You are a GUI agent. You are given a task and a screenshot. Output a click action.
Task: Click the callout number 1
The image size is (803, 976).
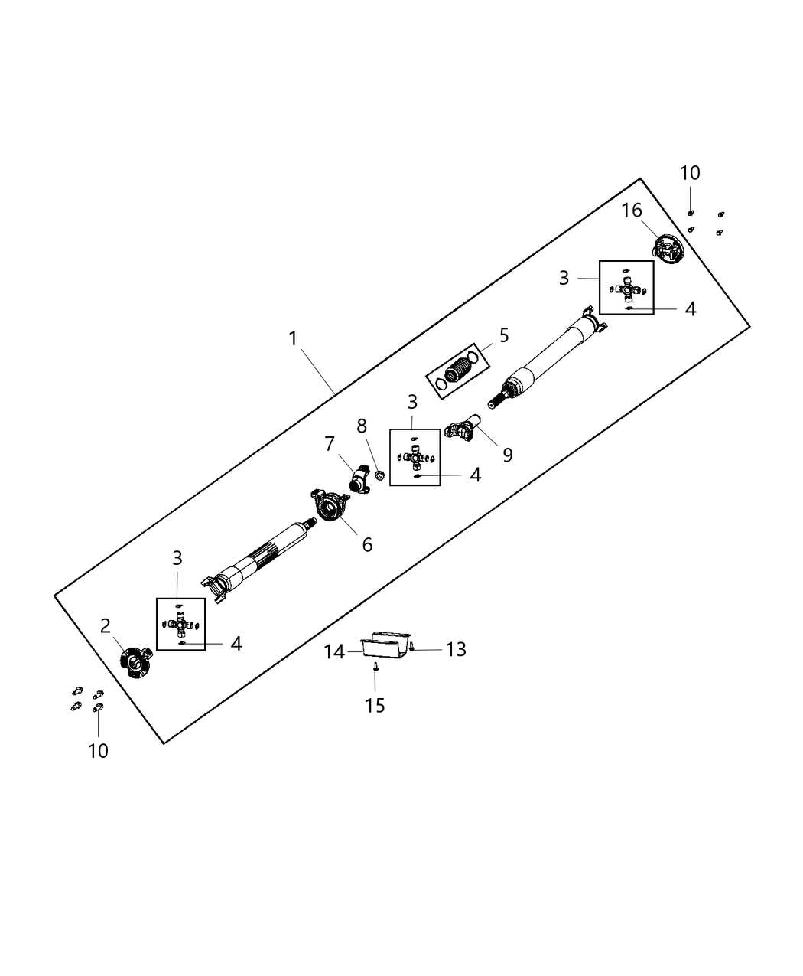coord(292,338)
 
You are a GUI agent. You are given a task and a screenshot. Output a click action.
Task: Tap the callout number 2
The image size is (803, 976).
coord(106,626)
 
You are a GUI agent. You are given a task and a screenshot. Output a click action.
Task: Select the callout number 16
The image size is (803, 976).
coord(632,211)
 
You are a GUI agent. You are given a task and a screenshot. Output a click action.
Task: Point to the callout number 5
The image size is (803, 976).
coord(504,335)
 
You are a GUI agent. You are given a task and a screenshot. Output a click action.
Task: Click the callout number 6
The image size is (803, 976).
coord(367,544)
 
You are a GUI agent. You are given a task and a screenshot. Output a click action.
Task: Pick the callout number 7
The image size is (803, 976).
coord(330,444)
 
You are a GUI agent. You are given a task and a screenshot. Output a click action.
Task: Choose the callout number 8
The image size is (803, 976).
coord(362,426)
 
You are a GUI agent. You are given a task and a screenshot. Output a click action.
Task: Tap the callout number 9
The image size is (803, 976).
coord(507,455)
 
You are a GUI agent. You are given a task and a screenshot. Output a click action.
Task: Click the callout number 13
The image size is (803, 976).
coord(456,649)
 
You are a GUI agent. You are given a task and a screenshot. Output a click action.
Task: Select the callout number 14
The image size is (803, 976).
coord(334,651)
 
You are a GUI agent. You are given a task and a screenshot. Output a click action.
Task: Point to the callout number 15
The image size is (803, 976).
coord(375,705)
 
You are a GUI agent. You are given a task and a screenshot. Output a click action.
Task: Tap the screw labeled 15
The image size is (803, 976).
coord(375,668)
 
